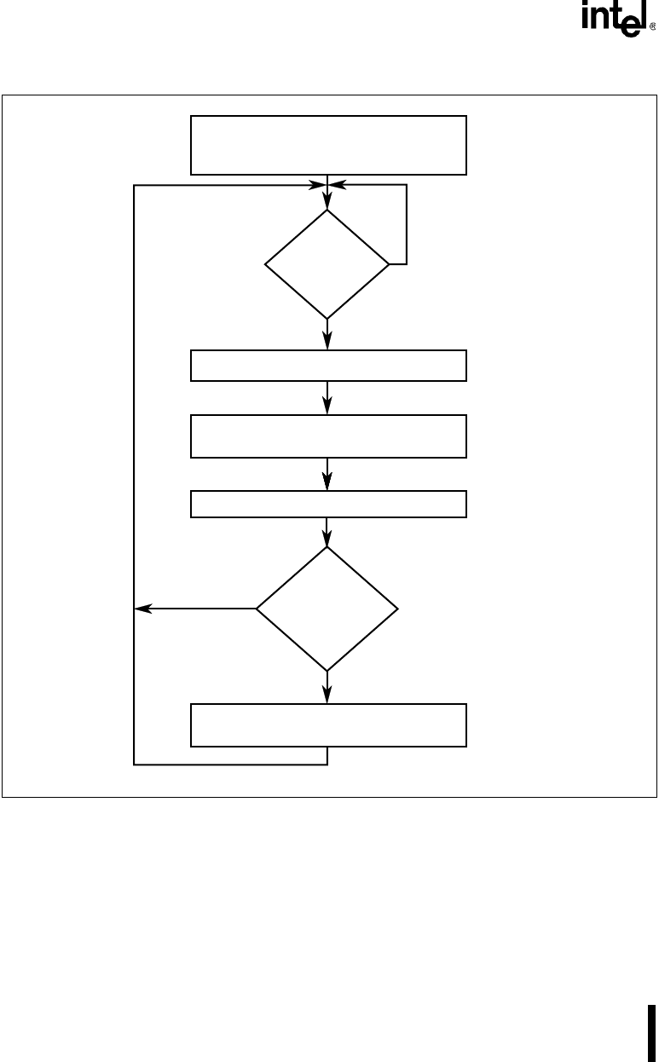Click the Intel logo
[614, 20]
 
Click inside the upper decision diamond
[327, 264]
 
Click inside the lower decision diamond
[327, 609]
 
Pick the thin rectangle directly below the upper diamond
[328, 365]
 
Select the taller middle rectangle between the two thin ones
[328, 436]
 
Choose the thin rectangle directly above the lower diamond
[328, 504]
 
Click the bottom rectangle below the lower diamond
[328, 724]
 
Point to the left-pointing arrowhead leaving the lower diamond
[142, 609]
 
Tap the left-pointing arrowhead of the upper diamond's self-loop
[338, 184]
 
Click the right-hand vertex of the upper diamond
[390, 264]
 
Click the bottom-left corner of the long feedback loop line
[135, 765]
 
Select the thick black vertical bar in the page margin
[653, 1032]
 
